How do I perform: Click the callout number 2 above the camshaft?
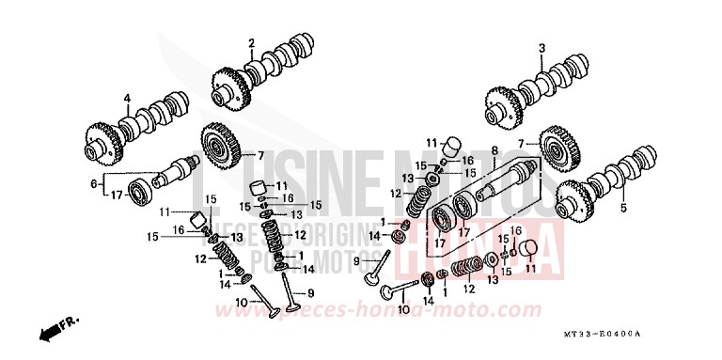tap(252, 43)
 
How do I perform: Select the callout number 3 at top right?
tap(541, 47)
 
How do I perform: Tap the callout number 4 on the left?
tap(126, 98)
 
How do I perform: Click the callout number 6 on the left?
tap(92, 186)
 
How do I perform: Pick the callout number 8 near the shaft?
tap(494, 150)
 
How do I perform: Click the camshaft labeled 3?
tap(541, 90)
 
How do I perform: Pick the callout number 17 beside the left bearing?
tap(116, 196)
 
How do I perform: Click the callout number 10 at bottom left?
tap(242, 301)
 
